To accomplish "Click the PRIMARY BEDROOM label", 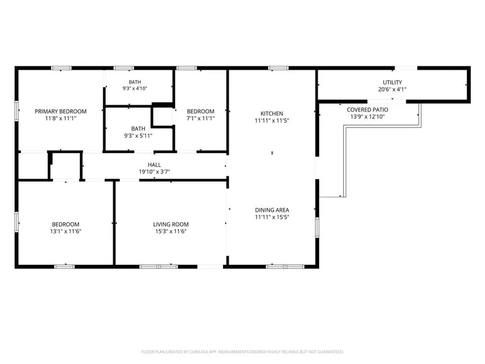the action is (x=61, y=112).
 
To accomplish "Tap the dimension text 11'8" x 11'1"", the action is (x=61, y=118).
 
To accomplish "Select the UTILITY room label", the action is (x=392, y=83).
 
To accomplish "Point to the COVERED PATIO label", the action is (x=368, y=110).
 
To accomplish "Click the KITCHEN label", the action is (x=272, y=114).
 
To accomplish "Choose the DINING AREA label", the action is (x=272, y=210).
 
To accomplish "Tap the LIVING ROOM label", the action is (x=171, y=224).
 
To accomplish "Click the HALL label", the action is (x=154, y=165).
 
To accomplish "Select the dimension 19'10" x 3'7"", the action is (x=154, y=172).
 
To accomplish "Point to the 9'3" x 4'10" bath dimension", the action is (x=135, y=88).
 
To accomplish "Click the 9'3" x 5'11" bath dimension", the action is (x=138, y=135).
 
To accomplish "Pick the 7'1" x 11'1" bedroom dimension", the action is (x=200, y=118).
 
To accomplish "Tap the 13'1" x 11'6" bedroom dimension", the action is (x=65, y=231).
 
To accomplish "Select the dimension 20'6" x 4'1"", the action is (x=392, y=89).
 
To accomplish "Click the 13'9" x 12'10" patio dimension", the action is (x=368, y=116).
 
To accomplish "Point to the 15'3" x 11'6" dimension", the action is (x=171, y=231).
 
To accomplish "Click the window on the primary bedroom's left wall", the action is (x=16, y=111).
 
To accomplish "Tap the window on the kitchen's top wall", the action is (x=278, y=68).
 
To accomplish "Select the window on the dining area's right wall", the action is (x=317, y=228).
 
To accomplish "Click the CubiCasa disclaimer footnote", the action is (x=242, y=352).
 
